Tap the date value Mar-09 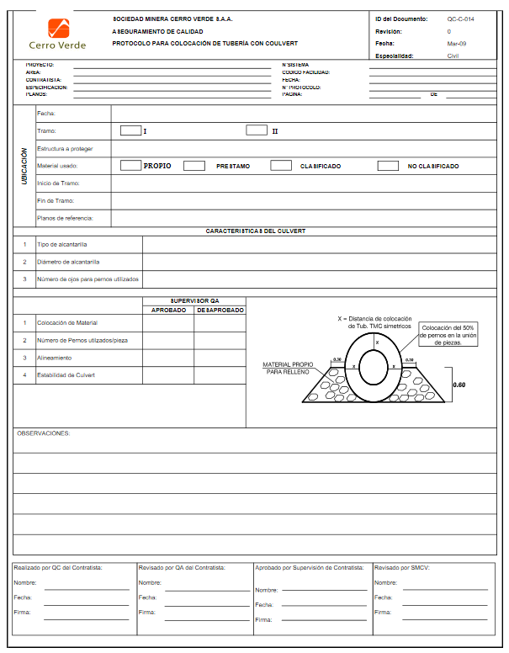point(458,43)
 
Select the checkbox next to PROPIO point(130,166)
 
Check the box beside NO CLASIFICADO point(387,166)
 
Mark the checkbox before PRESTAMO point(194,166)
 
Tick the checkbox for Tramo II point(257,130)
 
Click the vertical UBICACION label point(24,167)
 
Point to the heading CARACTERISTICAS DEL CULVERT point(255,231)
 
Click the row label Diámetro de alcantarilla point(69,262)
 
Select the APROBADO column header point(168,310)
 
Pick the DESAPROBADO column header point(220,310)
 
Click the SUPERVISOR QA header point(194,300)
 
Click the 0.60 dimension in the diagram point(459,385)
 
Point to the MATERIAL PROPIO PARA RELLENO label point(288,368)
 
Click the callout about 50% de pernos point(448,334)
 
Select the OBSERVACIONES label point(44,433)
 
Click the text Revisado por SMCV point(401,568)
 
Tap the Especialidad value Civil point(453,56)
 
